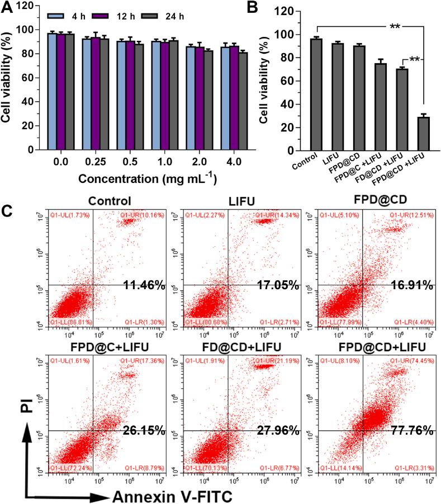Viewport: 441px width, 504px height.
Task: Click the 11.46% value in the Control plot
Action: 144,286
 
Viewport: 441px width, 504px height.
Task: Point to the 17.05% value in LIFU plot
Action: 277,286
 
